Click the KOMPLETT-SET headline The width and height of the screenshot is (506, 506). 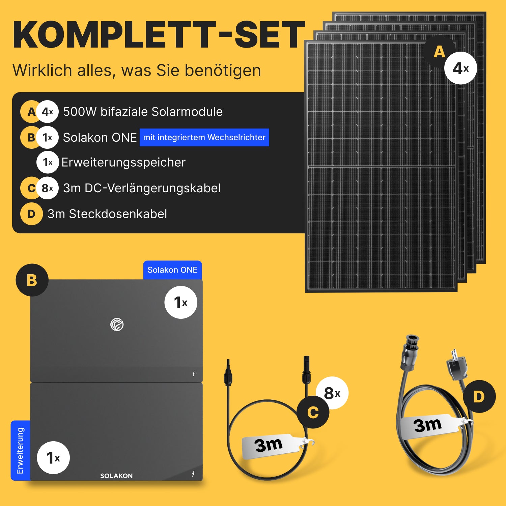(159, 35)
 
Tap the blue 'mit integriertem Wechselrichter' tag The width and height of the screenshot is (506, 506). (204, 137)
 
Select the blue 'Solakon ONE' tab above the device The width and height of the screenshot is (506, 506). (172, 270)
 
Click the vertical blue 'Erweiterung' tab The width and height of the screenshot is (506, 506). (20, 450)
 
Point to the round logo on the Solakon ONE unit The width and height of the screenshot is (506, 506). (117, 325)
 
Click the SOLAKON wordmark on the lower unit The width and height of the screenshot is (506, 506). (116, 476)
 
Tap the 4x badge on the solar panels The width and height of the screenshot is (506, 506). (461, 68)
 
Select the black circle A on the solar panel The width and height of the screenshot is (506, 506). (440, 51)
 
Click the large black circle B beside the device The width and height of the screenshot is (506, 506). (32, 280)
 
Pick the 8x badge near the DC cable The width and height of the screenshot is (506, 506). (332, 393)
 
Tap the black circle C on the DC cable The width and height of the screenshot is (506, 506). (313, 412)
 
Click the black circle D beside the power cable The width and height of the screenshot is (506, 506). (479, 396)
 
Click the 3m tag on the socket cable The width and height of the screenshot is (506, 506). (430, 426)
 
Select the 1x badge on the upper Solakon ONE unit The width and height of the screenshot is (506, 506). (181, 302)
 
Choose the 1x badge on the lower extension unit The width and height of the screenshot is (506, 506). (53, 458)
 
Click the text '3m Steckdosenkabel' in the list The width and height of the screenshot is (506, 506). (107, 214)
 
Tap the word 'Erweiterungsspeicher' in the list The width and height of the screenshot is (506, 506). (123, 163)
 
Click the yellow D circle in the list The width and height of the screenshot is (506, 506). (31, 214)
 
